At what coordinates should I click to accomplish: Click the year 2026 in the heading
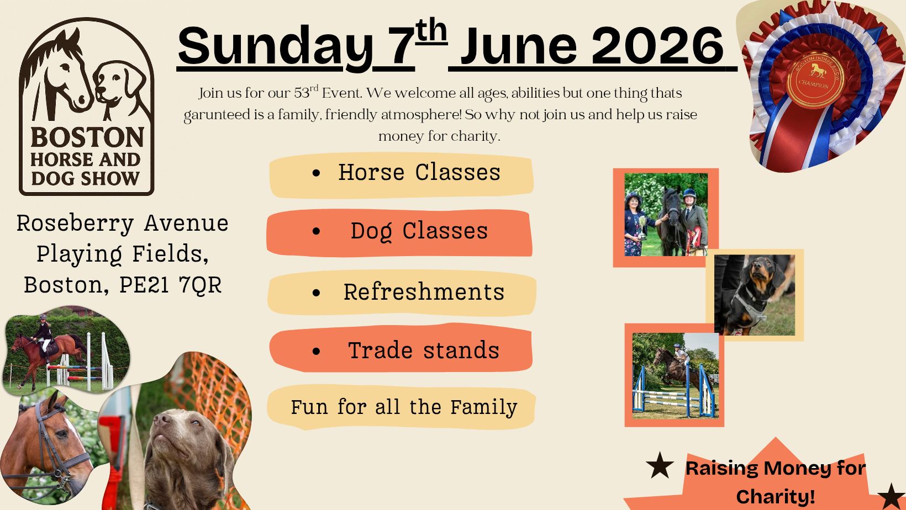point(657,45)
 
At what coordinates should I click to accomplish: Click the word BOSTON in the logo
point(87,137)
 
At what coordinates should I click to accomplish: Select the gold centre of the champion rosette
point(815,79)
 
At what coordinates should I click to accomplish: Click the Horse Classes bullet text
point(419,173)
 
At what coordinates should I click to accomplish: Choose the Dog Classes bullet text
point(419,232)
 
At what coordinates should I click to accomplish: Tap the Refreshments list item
point(424,292)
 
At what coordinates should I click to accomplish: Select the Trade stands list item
point(424,350)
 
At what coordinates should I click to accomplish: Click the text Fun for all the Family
point(404,407)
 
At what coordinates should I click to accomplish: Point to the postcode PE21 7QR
point(170,285)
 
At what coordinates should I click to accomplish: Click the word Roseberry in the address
point(75,224)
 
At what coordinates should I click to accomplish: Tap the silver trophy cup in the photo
point(642,227)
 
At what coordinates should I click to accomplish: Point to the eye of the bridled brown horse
point(61,434)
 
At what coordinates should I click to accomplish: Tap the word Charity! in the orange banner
point(776,496)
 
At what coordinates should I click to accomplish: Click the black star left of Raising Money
point(660,465)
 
